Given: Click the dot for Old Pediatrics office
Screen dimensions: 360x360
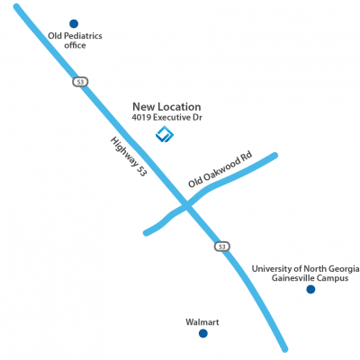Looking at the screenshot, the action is click(x=74, y=23).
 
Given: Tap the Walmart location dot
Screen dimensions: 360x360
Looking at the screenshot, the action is click(x=203, y=333).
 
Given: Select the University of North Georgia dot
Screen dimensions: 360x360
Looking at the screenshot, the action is click(x=310, y=290).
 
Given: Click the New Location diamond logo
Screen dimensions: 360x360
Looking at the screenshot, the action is click(x=165, y=134).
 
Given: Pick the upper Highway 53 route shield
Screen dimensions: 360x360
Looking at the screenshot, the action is click(x=80, y=82).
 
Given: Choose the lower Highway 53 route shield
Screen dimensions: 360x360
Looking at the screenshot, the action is click(x=222, y=247).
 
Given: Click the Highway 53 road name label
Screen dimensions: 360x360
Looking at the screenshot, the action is click(x=129, y=157).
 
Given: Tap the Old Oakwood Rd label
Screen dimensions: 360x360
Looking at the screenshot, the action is click(x=220, y=169).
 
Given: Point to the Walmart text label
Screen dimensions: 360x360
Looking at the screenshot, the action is click(x=202, y=322).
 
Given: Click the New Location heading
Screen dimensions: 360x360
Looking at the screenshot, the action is click(x=166, y=107).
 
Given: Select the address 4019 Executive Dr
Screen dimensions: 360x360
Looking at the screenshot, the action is click(x=166, y=118).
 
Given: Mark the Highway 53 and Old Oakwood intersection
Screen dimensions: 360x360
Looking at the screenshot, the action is click(x=186, y=205).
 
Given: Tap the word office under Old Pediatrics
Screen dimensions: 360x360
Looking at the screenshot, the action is click(x=75, y=45).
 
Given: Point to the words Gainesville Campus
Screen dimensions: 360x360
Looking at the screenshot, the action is click(x=310, y=278).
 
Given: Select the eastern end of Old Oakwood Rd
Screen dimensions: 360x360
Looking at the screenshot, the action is click(x=274, y=156).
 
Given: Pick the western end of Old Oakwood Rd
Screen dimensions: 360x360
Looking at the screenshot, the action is click(x=147, y=232).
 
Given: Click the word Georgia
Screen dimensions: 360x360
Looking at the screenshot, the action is click(x=344, y=269).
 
